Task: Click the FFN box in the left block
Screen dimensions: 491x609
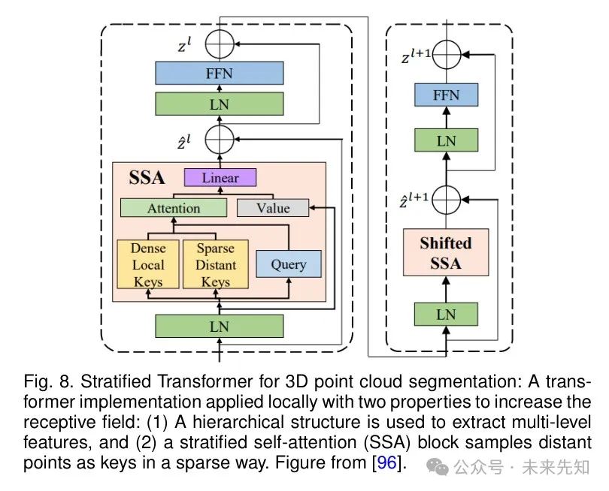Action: pyautogui.click(x=219, y=74)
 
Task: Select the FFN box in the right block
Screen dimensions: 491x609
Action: pyautogui.click(x=446, y=96)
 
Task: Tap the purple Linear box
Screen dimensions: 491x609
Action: pyautogui.click(x=220, y=178)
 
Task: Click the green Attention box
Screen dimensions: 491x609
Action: pyautogui.click(x=174, y=208)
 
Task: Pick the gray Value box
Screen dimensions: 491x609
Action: pyautogui.click(x=272, y=208)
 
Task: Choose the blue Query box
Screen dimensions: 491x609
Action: pyautogui.click(x=289, y=264)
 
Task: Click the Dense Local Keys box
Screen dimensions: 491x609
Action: pyautogui.click(x=148, y=264)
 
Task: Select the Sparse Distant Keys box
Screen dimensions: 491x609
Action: pyautogui.click(x=216, y=264)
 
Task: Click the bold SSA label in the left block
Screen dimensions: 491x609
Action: pyautogui.click(x=147, y=179)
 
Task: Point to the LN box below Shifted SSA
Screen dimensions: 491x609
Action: pyautogui.click(x=446, y=313)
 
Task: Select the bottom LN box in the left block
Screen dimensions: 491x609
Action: pyautogui.click(x=219, y=325)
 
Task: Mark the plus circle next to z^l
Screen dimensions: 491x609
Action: pyautogui.click(x=221, y=44)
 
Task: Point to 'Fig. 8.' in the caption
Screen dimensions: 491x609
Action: pyautogui.click(x=41, y=382)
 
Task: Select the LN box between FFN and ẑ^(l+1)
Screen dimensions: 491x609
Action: pyautogui.click(x=446, y=140)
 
